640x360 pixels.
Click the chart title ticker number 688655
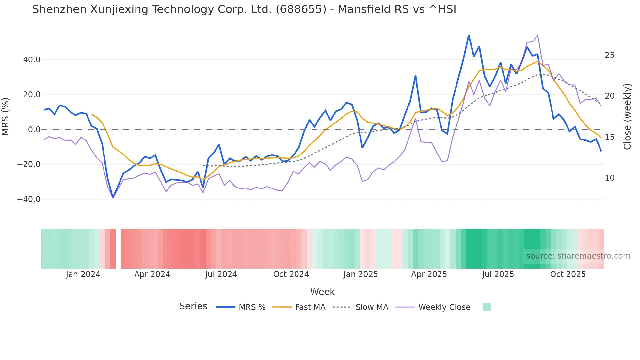tap(301, 9)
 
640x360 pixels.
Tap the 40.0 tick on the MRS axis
tap(32, 60)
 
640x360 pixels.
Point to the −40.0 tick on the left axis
tap(29, 199)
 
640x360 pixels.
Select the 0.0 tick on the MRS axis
tap(34, 130)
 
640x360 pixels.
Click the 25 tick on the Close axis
tap(609, 55)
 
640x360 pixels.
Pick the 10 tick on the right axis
tap(609, 178)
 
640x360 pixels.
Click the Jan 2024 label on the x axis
tap(83, 274)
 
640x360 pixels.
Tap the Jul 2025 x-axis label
tap(498, 274)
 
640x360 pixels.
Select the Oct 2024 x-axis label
tap(291, 274)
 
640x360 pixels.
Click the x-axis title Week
tap(322, 292)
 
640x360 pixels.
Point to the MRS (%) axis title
tap(6, 116)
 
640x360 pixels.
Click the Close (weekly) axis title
tap(627, 116)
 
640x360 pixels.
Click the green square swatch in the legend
tap(487, 307)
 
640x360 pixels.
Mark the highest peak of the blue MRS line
tap(469, 35)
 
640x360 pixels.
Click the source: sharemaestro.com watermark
tap(578, 256)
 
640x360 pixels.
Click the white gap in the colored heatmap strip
tap(118, 249)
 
